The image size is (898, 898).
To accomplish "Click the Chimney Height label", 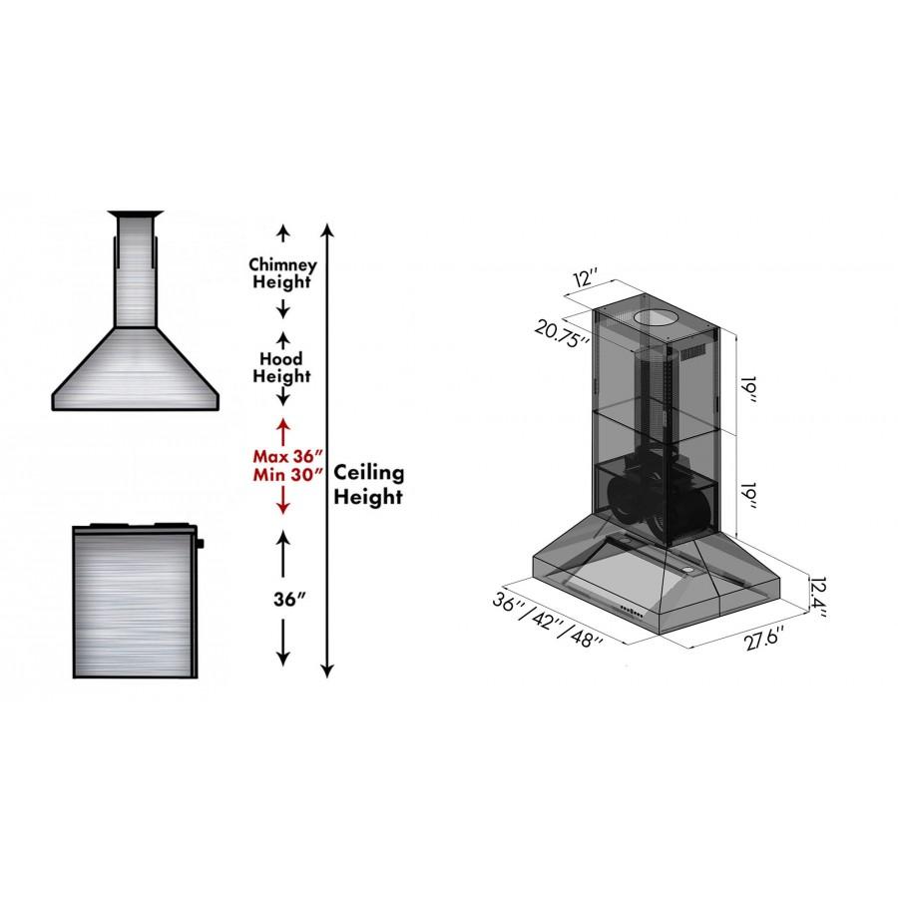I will click(x=282, y=273).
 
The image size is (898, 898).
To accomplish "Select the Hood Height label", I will click(x=282, y=367).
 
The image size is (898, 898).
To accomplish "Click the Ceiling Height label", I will click(x=369, y=483).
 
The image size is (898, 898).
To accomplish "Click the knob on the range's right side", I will click(x=201, y=544).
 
